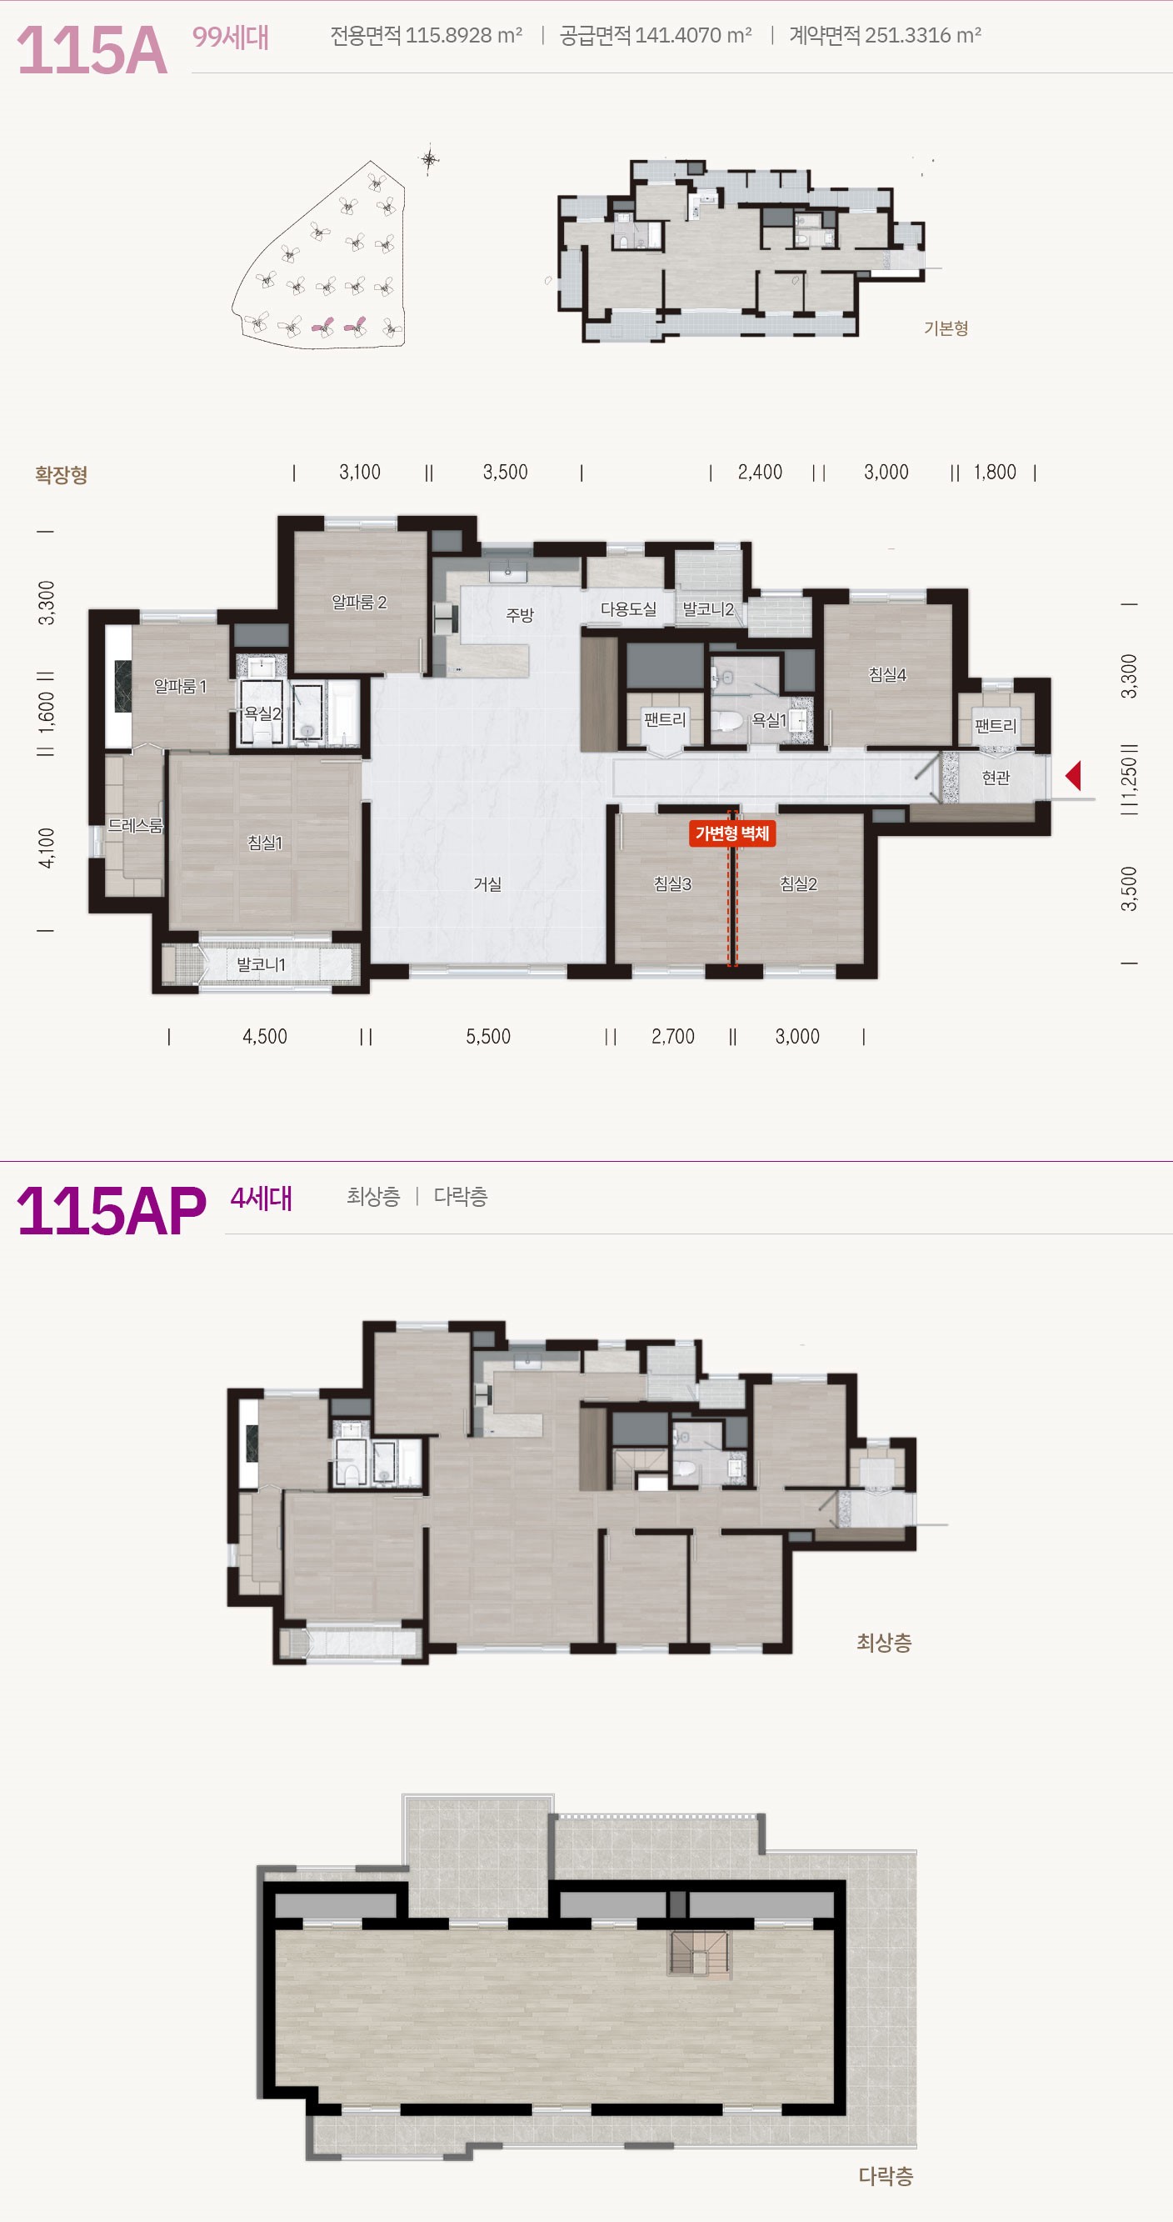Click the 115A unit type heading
point(92,50)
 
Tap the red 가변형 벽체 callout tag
point(732,833)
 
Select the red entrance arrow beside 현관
point(1073,775)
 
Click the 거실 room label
point(487,884)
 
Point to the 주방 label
point(519,615)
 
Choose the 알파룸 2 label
point(359,602)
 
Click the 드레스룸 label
point(136,825)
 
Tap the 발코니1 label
point(261,964)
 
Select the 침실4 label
point(887,674)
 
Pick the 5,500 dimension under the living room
point(488,1036)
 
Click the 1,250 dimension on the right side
point(1129,779)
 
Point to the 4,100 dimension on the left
point(47,847)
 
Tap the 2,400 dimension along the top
point(760,472)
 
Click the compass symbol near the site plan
point(430,158)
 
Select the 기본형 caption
point(946,328)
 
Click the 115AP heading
point(112,1211)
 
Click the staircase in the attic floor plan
point(700,1953)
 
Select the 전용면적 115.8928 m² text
point(426,35)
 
